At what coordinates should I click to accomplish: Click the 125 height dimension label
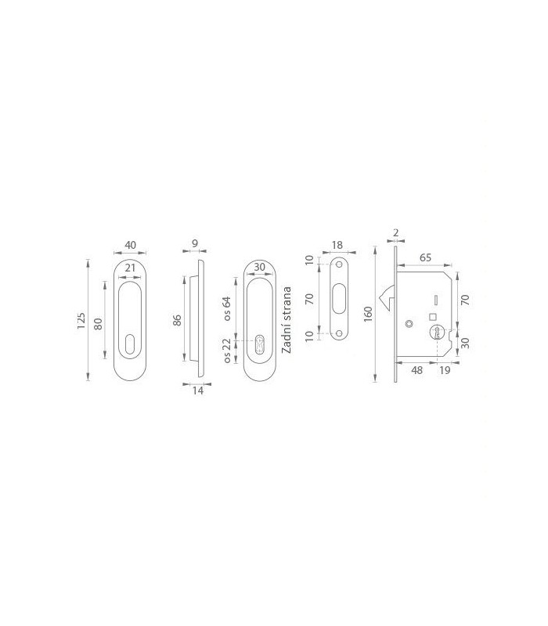[x=81, y=321]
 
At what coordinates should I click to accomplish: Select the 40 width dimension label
[x=131, y=245]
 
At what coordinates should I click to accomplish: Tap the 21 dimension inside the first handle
[x=130, y=268]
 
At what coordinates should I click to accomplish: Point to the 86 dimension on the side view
[x=178, y=320]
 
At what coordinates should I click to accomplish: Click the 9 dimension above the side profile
[x=195, y=243]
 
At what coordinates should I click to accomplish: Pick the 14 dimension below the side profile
[x=198, y=390]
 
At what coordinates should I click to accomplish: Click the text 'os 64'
[x=227, y=308]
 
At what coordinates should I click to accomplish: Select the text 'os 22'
[x=227, y=351]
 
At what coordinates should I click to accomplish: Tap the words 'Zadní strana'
[x=287, y=320]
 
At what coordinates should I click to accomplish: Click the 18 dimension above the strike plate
[x=337, y=245]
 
